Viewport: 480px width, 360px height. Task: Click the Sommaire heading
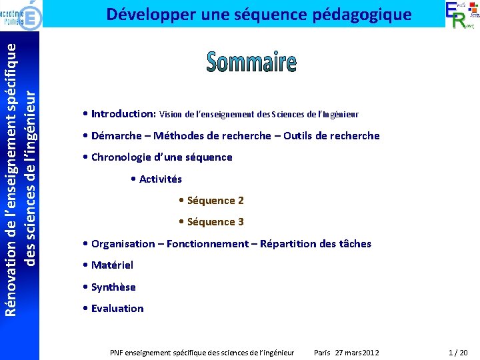[251, 62]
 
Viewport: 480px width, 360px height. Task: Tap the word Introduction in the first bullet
[123, 114]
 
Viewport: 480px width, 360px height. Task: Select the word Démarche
[116, 136]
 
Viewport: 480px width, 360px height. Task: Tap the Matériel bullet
[112, 265]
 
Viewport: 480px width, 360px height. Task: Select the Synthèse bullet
[113, 287]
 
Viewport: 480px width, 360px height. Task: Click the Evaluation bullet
[117, 309]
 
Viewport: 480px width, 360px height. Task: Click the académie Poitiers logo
[23, 14]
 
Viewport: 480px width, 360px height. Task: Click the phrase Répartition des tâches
[315, 244]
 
